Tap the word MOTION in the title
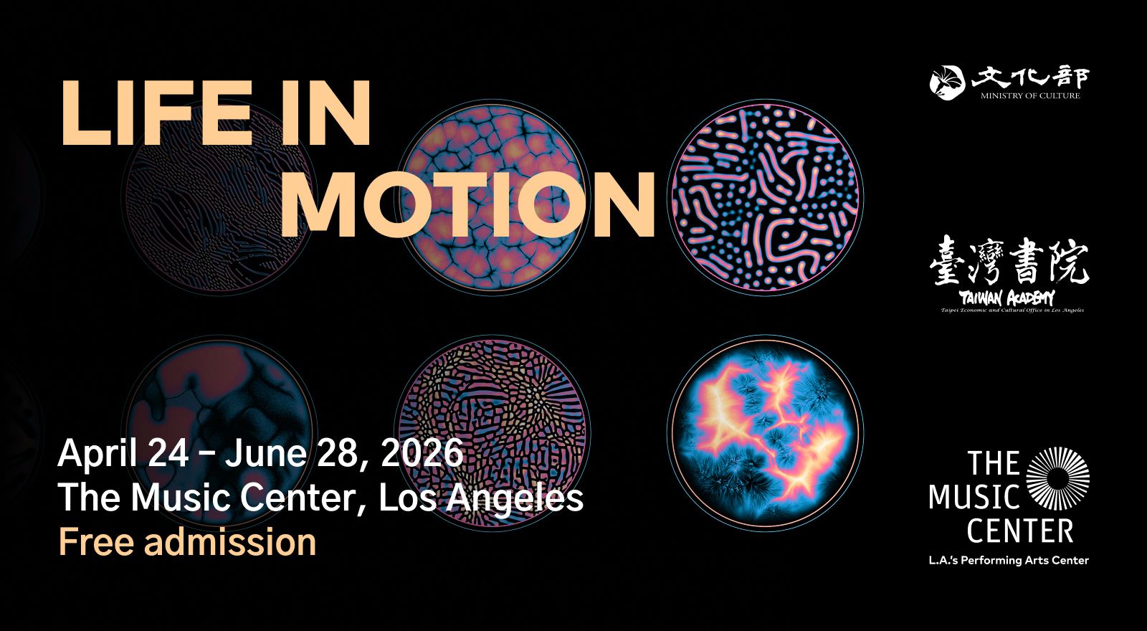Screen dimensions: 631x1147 [467, 204]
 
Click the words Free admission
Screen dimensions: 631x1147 [187, 542]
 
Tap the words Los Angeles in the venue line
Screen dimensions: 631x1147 [480, 498]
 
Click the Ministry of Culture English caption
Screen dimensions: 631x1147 [1030, 95]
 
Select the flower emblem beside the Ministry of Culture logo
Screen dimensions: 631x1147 [948, 81]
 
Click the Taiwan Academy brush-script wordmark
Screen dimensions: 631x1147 [1006, 298]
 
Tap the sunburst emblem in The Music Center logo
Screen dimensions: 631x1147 [1057, 478]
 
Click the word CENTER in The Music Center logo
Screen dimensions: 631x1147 [1019, 531]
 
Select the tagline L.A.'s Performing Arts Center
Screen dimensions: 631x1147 [1008, 560]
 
